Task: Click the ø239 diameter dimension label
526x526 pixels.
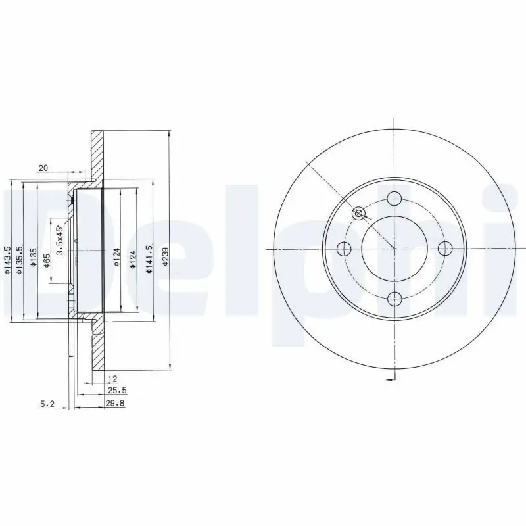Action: tap(166, 258)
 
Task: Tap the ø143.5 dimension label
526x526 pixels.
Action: tap(7, 260)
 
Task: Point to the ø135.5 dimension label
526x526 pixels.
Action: tap(20, 260)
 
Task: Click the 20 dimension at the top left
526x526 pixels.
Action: tap(43, 168)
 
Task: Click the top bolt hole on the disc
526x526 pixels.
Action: tap(394, 197)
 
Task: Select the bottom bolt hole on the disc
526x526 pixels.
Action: tap(394, 300)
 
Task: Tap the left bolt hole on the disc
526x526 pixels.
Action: tap(343, 249)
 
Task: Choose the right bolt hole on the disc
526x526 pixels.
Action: tap(445, 249)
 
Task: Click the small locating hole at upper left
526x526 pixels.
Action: tap(358, 213)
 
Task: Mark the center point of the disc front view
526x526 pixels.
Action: tap(394, 249)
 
